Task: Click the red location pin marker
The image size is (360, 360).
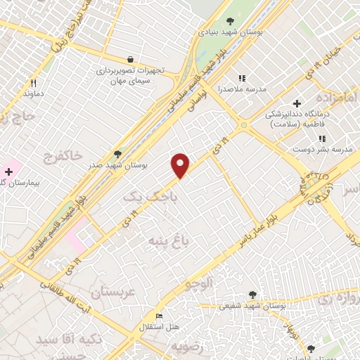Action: pos(181,165)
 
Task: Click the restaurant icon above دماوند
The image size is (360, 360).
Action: pos(33,82)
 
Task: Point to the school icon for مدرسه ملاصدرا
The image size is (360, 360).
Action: pos(243,79)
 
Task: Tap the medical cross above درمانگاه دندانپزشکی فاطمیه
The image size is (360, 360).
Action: pos(297,103)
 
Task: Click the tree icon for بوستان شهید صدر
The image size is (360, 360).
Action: pos(117,154)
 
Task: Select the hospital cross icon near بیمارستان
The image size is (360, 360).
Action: pos(8,172)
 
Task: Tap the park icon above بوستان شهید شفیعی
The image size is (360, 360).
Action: pos(252,295)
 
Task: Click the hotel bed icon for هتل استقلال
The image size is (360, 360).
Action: pos(159,317)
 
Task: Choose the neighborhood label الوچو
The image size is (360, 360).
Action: pos(198,283)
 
